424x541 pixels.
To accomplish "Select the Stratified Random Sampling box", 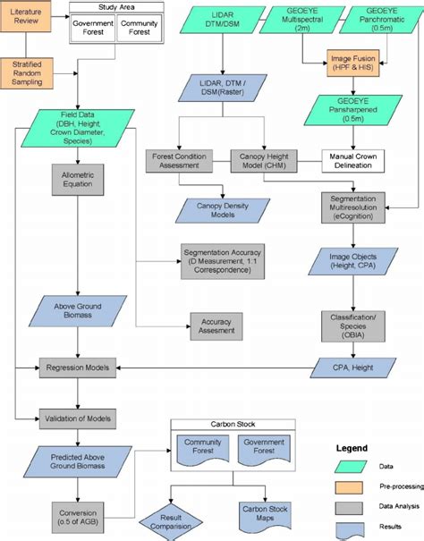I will pos(26,72).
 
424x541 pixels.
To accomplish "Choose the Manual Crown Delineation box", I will pos(356,161).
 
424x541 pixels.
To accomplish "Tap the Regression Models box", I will pos(78,368).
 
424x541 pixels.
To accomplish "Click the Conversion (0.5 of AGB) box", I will pos(77,506).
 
